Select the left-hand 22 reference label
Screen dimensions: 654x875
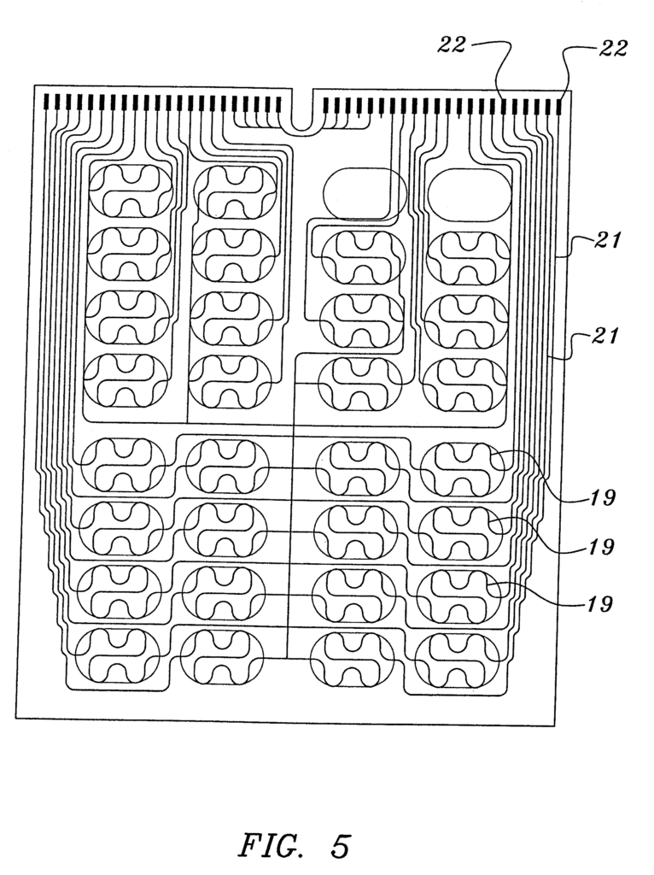pyautogui.click(x=450, y=44)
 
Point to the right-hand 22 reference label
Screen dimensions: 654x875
pyautogui.click(x=613, y=49)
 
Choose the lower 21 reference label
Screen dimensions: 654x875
pyautogui.click(x=606, y=336)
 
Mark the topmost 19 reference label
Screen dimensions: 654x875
pyautogui.click(x=602, y=496)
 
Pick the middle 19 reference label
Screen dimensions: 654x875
pyautogui.click(x=600, y=547)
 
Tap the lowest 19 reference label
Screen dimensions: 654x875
pyautogui.click(x=599, y=604)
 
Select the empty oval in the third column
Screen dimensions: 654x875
pyautogui.click(x=365, y=193)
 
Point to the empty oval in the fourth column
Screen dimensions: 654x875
pyautogui.click(x=470, y=193)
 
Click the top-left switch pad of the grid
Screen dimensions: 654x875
pyautogui.click(x=131, y=191)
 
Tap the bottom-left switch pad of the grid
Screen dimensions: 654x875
pyautogui.click(x=118, y=656)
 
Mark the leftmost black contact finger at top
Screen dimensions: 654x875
pyautogui.click(x=47, y=103)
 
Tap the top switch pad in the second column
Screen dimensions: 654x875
pyautogui.click(x=236, y=191)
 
